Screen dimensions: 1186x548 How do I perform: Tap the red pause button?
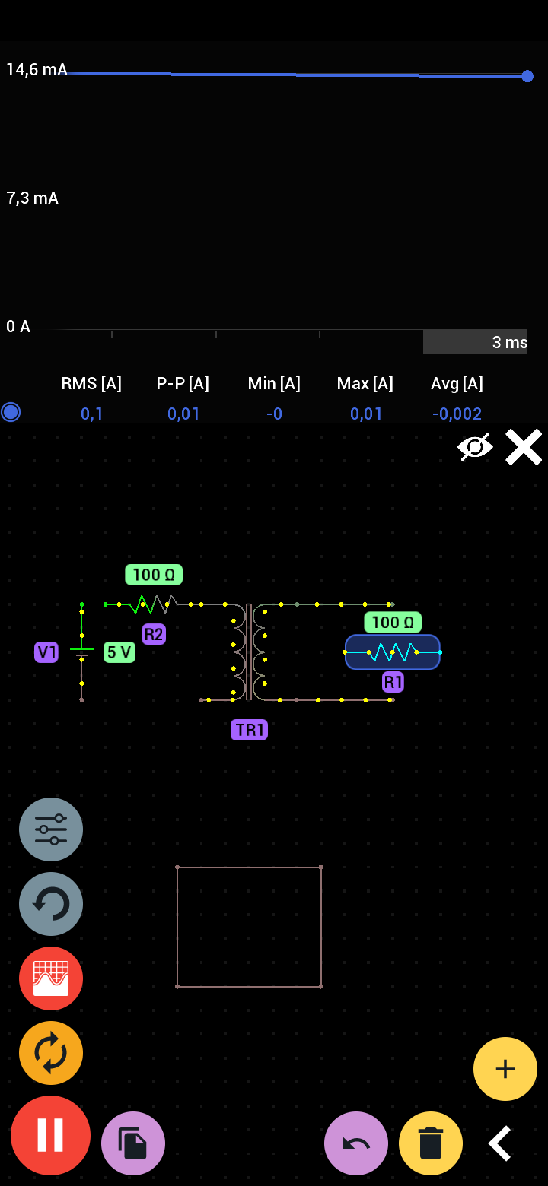(x=50, y=1135)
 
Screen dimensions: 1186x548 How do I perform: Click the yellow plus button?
(x=505, y=1069)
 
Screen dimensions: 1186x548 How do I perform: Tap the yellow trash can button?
(x=431, y=1143)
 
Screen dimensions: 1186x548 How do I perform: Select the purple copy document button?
(x=133, y=1143)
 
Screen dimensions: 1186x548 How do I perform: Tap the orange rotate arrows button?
(x=51, y=1053)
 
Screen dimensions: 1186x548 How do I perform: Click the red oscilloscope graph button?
(x=51, y=978)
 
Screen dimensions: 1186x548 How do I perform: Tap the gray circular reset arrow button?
(x=51, y=904)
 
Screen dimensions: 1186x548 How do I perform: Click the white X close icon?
(x=524, y=447)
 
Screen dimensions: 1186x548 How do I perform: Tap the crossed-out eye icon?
(x=475, y=447)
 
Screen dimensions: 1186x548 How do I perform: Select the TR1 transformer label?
(x=250, y=730)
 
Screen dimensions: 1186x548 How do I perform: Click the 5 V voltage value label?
(x=119, y=652)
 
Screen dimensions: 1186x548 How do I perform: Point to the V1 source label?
(x=46, y=652)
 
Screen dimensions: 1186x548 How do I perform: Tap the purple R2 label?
(x=154, y=634)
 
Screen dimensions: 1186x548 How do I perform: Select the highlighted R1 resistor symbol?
(x=393, y=652)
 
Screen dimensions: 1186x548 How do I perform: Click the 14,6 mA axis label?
(x=37, y=70)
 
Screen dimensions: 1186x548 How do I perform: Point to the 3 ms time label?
(x=509, y=342)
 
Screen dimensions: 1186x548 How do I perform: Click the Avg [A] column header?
(x=457, y=383)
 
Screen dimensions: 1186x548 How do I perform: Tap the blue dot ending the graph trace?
(x=527, y=76)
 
